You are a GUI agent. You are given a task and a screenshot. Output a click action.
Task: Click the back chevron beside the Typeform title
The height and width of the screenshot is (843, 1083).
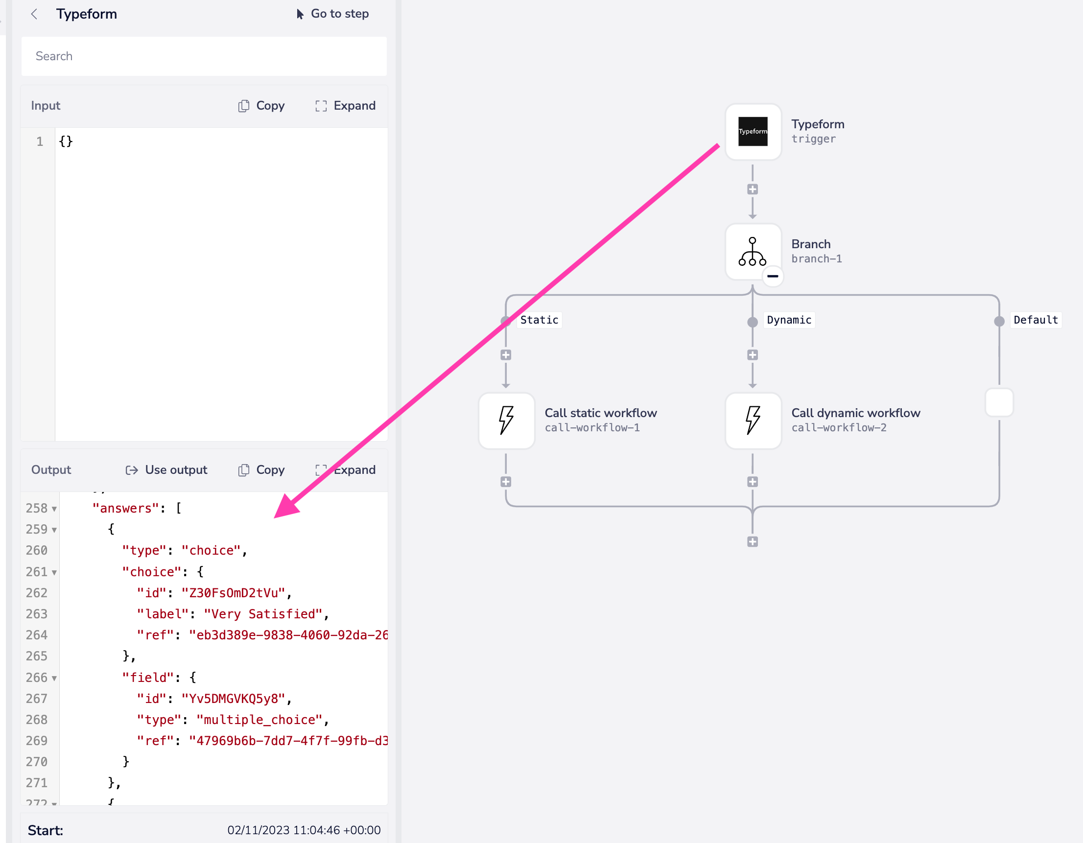[x=34, y=14]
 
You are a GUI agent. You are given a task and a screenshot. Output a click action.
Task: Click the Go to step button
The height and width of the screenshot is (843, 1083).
[x=333, y=14]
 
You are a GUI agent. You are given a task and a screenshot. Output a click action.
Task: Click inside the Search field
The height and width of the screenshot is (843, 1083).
[x=203, y=56]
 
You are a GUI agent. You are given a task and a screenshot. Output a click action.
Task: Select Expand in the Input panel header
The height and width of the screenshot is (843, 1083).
[x=346, y=106]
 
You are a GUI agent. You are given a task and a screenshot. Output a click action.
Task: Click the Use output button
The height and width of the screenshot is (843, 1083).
[x=166, y=469]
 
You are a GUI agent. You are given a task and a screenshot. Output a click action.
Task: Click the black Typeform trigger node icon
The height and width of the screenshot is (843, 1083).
[x=752, y=131]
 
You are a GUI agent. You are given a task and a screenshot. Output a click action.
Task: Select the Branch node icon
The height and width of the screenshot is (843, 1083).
[x=752, y=252]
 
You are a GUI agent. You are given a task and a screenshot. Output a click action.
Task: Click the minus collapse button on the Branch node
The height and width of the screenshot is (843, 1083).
[x=773, y=276]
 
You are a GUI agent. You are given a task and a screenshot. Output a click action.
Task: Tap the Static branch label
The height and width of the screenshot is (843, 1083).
[x=539, y=320]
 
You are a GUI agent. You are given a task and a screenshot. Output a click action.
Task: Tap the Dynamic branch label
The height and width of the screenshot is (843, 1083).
[x=788, y=320]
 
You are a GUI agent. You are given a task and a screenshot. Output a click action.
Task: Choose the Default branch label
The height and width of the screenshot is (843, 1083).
[x=1036, y=320]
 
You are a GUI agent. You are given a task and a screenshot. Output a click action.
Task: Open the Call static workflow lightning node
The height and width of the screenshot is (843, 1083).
[x=506, y=421]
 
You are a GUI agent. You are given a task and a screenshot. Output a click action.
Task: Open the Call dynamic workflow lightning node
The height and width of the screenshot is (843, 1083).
[x=752, y=421]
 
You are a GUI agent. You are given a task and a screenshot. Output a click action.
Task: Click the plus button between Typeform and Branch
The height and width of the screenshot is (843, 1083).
[x=752, y=189]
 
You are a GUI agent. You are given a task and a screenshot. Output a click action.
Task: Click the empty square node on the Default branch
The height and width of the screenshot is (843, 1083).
[x=999, y=402]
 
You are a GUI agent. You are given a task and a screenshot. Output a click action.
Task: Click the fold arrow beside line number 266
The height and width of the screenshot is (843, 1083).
[x=54, y=678]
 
